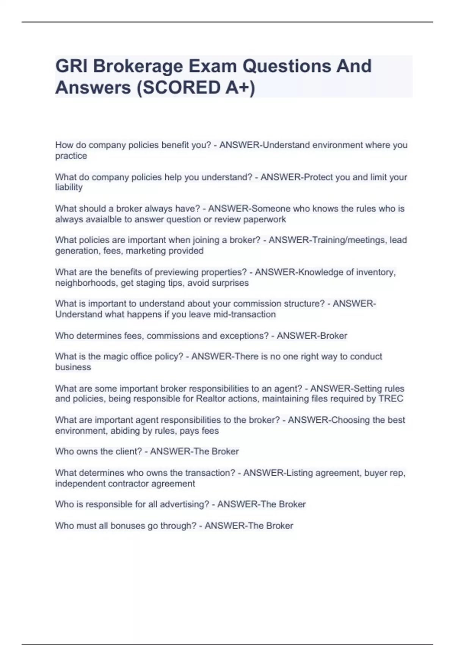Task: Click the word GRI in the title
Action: (71, 66)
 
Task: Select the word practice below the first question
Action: (71, 156)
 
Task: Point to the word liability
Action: (69, 187)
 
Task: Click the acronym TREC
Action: (391, 399)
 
